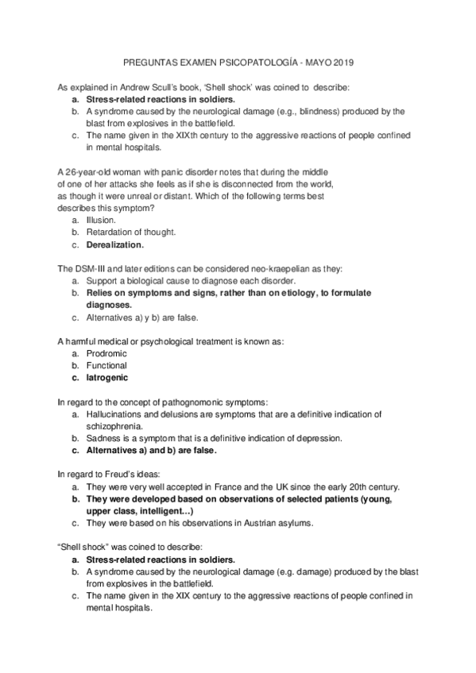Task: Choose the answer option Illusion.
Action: click(102, 220)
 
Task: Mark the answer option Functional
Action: click(106, 365)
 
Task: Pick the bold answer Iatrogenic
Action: click(107, 378)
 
